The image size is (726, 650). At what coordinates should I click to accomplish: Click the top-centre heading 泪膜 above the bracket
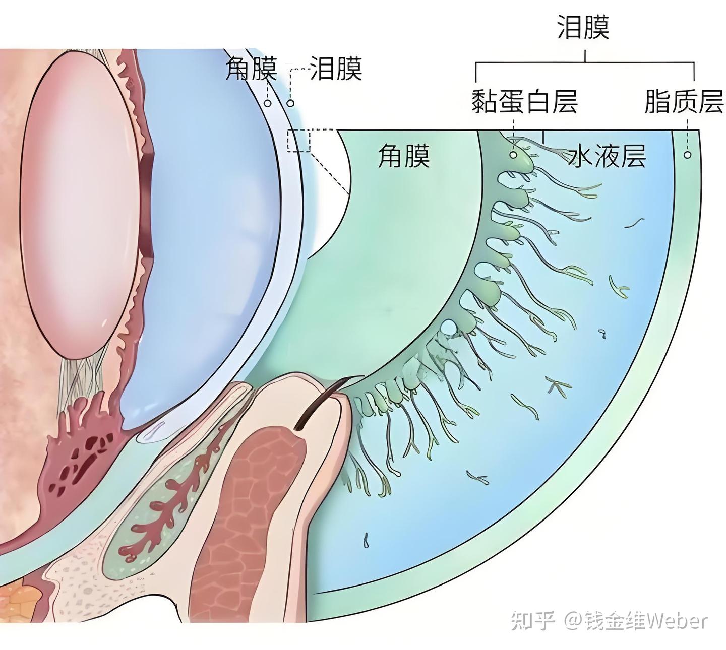point(583,27)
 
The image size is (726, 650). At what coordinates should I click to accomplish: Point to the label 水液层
point(607,157)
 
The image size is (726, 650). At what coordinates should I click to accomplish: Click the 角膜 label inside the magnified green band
point(404,156)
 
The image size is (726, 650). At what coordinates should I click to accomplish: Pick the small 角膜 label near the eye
point(251,69)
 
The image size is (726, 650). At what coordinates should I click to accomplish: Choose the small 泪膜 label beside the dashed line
point(336,69)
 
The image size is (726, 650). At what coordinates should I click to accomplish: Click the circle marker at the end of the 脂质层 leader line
point(687,155)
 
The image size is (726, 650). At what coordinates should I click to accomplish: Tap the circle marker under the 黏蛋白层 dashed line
point(513,155)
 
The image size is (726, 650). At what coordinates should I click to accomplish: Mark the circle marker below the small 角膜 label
point(268,103)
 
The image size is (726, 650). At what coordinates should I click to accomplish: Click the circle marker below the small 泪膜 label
point(290,103)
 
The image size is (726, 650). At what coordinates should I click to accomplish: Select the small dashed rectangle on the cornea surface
point(299,141)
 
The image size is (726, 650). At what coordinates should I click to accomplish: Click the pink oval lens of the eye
point(78,202)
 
